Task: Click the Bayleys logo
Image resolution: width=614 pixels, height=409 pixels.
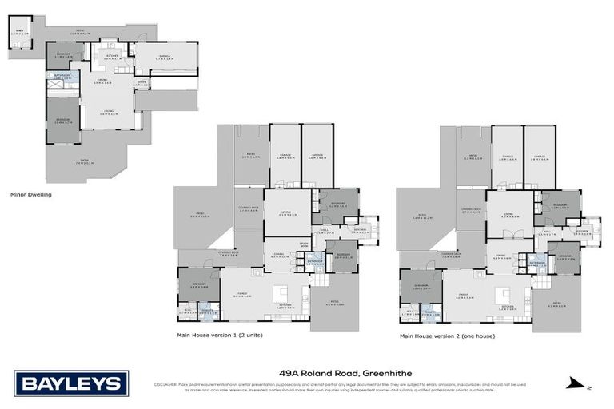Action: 70,384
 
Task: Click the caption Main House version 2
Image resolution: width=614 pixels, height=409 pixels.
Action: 448,336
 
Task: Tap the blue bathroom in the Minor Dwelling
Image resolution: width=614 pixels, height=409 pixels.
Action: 62,78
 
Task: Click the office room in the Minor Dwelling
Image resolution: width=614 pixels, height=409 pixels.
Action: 141,82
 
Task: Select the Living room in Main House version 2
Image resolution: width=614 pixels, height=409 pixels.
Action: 508,214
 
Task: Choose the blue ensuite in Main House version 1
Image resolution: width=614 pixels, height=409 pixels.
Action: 207,313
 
